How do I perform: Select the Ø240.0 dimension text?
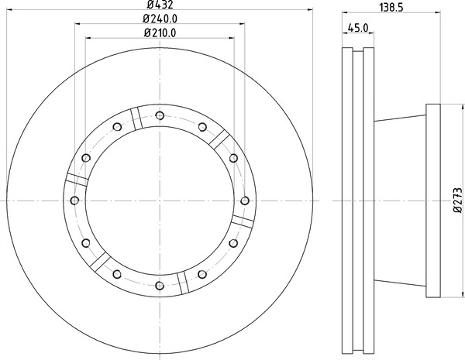tap(160, 19)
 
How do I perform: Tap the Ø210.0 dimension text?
tap(160, 33)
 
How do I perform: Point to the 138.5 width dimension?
tap(391, 8)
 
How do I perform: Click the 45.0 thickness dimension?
tap(358, 28)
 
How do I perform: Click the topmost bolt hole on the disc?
tap(160, 115)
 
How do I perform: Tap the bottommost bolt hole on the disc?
tap(160, 286)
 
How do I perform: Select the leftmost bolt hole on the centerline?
tap(74, 201)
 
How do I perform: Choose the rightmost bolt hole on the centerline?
tap(245, 201)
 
